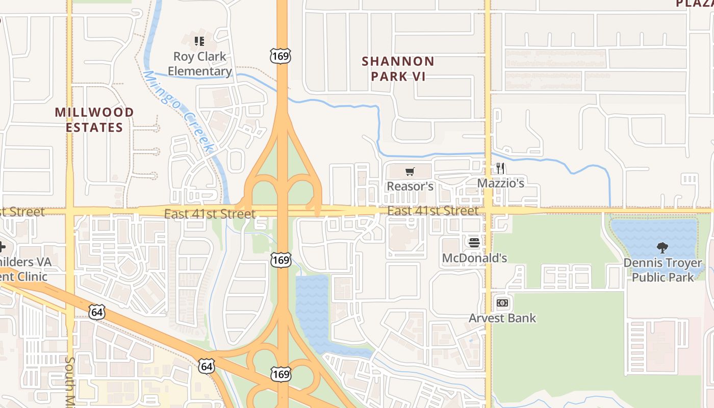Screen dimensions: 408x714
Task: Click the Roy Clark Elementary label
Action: (200, 64)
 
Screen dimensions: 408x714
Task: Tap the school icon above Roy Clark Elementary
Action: (199, 41)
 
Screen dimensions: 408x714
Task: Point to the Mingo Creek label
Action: (178, 111)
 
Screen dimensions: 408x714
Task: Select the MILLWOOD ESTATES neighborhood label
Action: (94, 119)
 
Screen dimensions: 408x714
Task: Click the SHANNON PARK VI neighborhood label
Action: (398, 69)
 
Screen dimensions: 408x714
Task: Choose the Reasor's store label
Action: (410, 186)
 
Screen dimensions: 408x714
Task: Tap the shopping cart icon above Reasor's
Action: (410, 171)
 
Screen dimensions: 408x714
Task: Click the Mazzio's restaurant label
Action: (501, 183)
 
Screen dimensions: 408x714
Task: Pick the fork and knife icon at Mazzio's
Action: (500, 168)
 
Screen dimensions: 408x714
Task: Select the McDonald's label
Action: (474, 258)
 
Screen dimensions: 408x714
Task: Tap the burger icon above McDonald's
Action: (474, 243)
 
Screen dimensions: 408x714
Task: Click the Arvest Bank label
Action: (502, 318)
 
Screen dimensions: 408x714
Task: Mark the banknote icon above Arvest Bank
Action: (502, 303)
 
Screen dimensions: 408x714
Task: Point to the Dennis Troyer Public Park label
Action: (662, 270)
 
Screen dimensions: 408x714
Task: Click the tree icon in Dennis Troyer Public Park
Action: (662, 248)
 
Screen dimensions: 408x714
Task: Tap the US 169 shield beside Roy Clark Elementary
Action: (281, 56)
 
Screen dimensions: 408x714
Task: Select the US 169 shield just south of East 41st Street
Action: (281, 261)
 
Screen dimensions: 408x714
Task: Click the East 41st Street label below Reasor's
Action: (433, 211)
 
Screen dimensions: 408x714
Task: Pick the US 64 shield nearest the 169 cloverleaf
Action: (207, 366)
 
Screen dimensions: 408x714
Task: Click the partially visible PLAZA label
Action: (694, 4)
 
